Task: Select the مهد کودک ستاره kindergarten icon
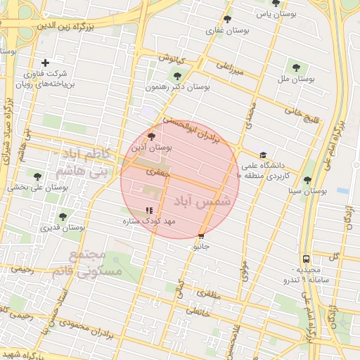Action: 148,210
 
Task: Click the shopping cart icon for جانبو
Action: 202,236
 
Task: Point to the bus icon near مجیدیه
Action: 306,258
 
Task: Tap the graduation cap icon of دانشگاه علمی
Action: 263,155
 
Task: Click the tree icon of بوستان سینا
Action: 307,180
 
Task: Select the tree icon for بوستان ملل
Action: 296,68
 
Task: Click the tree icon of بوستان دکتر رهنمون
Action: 176,76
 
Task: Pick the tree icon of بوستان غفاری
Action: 227,20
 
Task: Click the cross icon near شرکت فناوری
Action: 46,63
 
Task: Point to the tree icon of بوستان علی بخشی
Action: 37,176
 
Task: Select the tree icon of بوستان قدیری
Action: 63,217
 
